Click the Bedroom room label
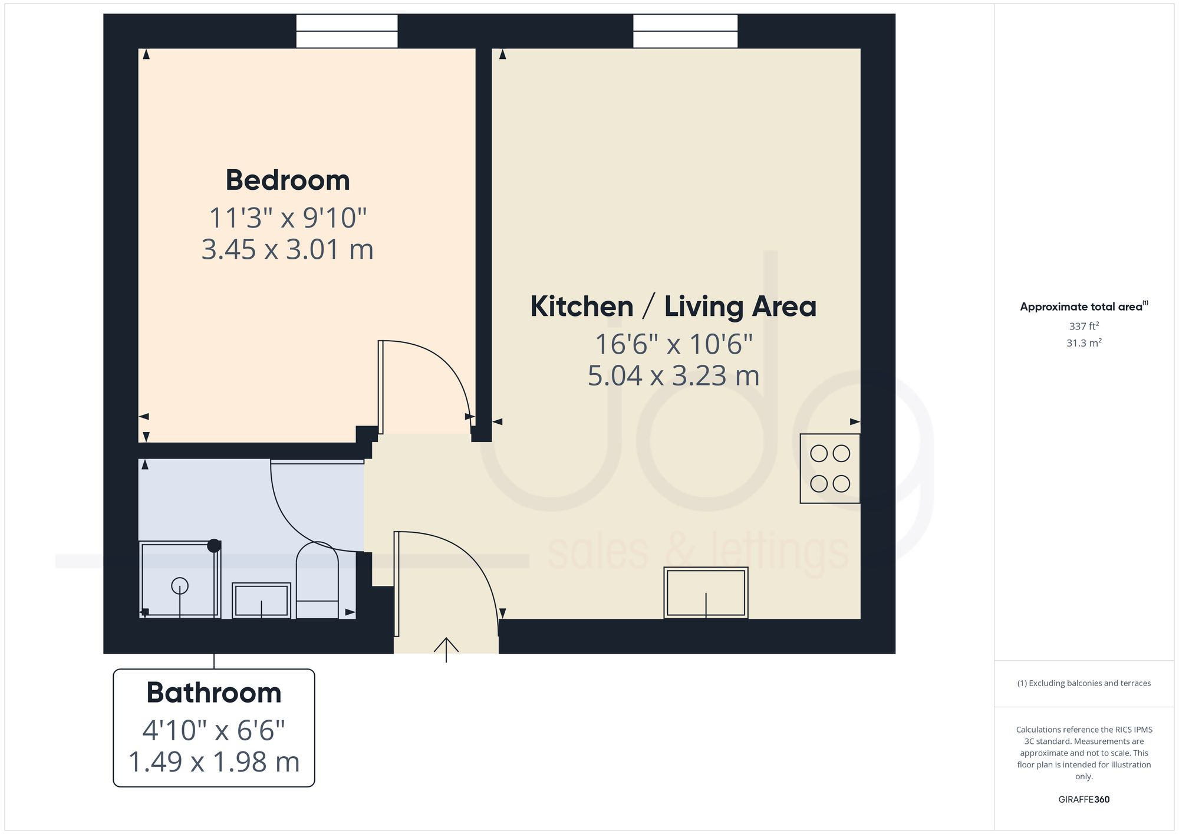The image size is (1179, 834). click(x=288, y=180)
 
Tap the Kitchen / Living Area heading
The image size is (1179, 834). click(x=673, y=306)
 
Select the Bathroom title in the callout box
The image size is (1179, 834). click(x=213, y=693)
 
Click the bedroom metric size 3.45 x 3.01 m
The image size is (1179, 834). click(x=288, y=249)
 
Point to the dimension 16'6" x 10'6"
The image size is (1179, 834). click(x=673, y=344)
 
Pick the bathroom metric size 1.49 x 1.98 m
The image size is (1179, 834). click(x=213, y=762)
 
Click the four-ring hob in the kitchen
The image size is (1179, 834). click(x=829, y=469)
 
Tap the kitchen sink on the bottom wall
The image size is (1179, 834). click(x=706, y=592)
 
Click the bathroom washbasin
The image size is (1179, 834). click(x=261, y=600)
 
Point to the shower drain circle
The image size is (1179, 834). click(x=179, y=586)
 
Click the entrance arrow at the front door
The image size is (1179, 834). click(x=446, y=648)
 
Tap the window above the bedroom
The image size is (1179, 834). click(x=347, y=31)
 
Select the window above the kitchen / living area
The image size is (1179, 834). click(x=685, y=31)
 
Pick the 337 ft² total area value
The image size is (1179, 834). click(x=1084, y=326)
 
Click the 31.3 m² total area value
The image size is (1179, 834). click(x=1084, y=342)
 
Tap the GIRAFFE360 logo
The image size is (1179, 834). click(x=1084, y=799)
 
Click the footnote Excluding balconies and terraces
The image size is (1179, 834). click(x=1084, y=683)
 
